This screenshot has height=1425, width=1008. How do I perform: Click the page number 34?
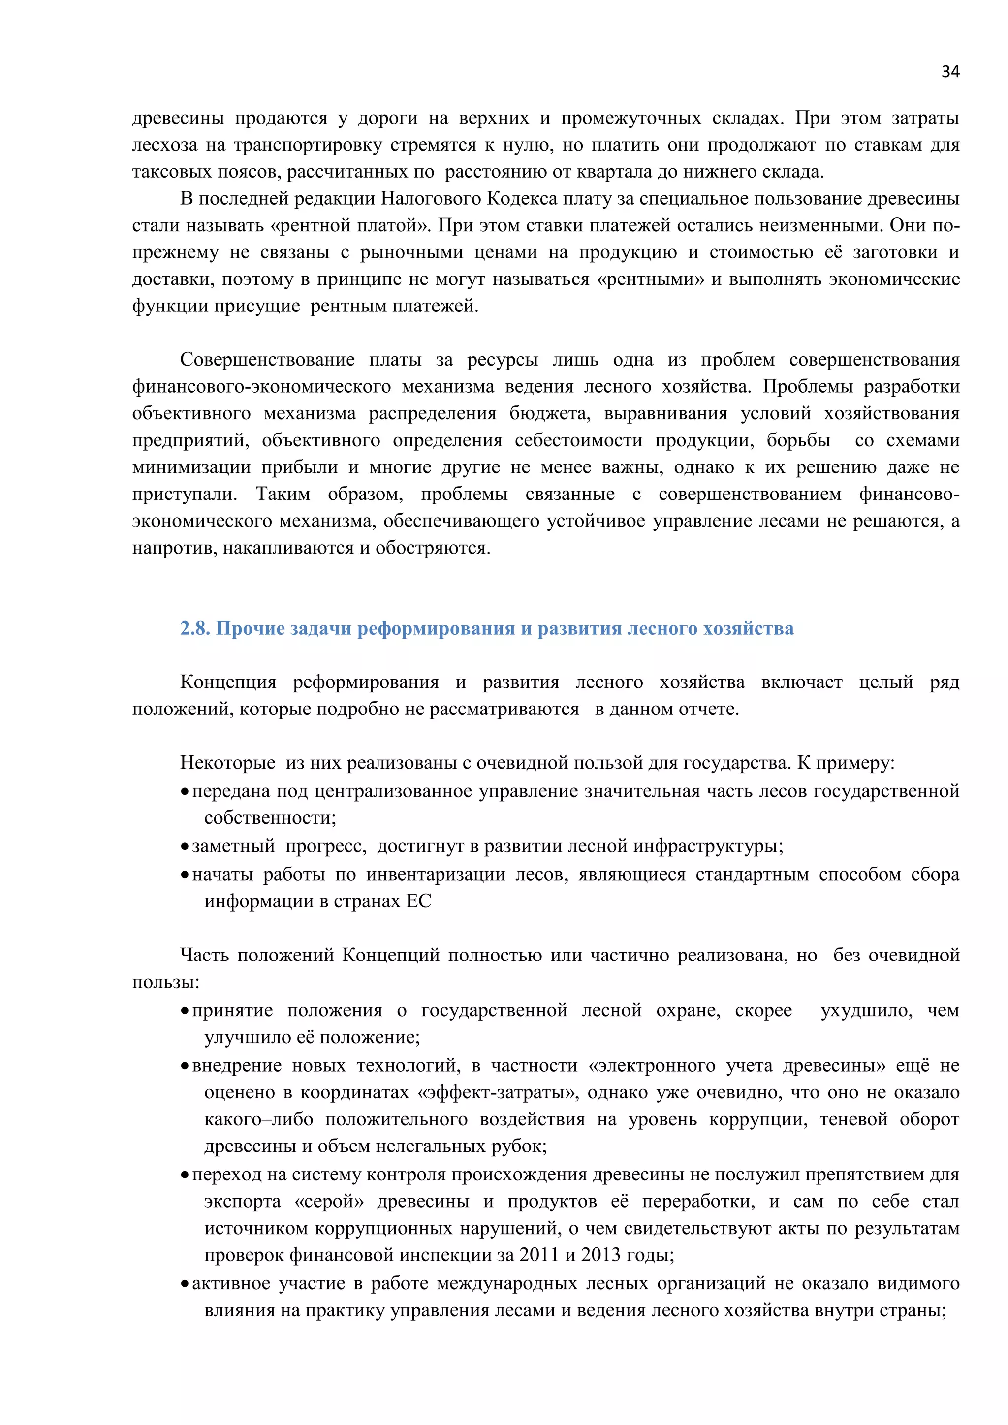[x=949, y=72]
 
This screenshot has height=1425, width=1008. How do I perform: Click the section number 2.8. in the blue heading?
[x=195, y=629]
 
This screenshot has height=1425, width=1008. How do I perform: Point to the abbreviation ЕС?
[x=418, y=901]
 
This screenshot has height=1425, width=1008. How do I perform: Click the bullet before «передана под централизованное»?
[x=185, y=792]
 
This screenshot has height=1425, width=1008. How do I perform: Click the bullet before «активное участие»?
[x=185, y=1284]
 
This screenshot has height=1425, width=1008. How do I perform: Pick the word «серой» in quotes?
[x=329, y=1201]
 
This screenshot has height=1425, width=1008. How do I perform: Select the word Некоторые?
[x=228, y=763]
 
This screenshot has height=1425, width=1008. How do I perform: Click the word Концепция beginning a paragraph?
[x=228, y=682]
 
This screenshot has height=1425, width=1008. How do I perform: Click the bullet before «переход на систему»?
[x=185, y=1176]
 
